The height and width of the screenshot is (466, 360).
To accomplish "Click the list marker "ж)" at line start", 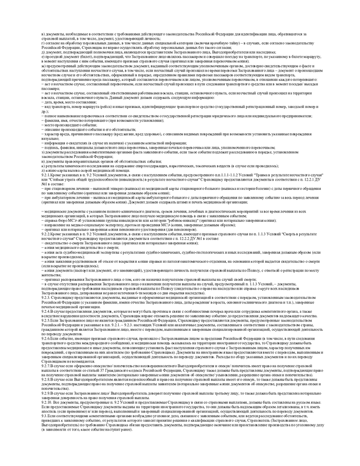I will tap(43, 66).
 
